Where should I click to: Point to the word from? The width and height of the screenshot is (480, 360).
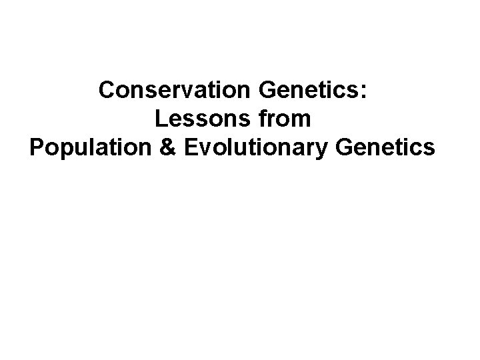283,119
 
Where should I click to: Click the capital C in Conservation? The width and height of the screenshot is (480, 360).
107,91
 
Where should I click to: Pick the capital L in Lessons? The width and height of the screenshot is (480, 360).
160,119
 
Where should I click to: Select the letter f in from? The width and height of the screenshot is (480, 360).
261,119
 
